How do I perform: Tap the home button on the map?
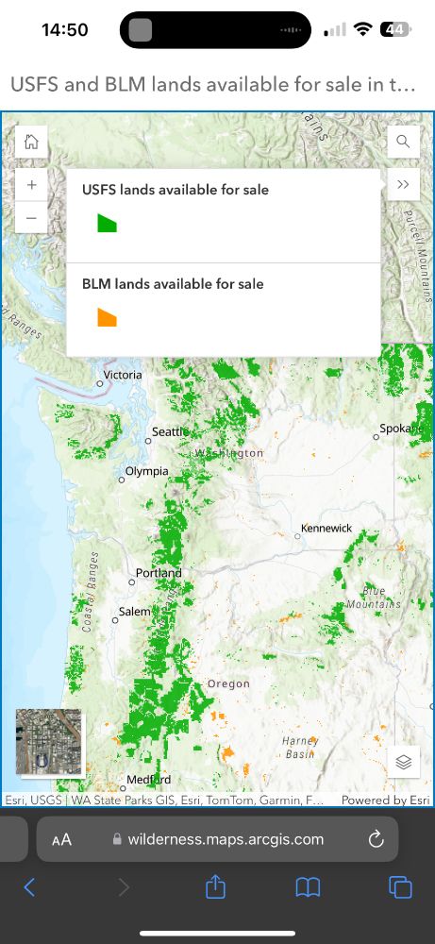pyautogui.click(x=31, y=143)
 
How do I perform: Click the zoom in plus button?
pyautogui.click(x=31, y=185)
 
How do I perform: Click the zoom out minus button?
pyautogui.click(x=31, y=217)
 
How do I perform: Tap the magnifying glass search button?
pyautogui.click(x=403, y=143)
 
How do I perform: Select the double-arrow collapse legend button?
pyautogui.click(x=403, y=184)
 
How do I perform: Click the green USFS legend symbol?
pyautogui.click(x=107, y=223)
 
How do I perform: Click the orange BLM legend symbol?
pyautogui.click(x=107, y=317)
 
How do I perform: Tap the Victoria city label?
pyautogui.click(x=123, y=375)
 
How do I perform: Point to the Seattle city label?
pyautogui.click(x=170, y=432)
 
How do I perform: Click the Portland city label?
pyautogui.click(x=159, y=573)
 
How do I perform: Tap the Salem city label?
pyautogui.click(x=134, y=612)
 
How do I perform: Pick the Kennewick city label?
pyautogui.click(x=326, y=528)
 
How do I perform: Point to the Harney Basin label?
pyautogui.click(x=299, y=748)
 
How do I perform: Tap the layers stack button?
pyautogui.click(x=403, y=762)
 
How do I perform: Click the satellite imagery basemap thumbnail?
pyautogui.click(x=49, y=742)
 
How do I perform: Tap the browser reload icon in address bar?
pyautogui.click(x=375, y=839)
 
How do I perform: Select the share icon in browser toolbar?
pyautogui.click(x=216, y=887)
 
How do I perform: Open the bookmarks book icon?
pyautogui.click(x=308, y=887)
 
